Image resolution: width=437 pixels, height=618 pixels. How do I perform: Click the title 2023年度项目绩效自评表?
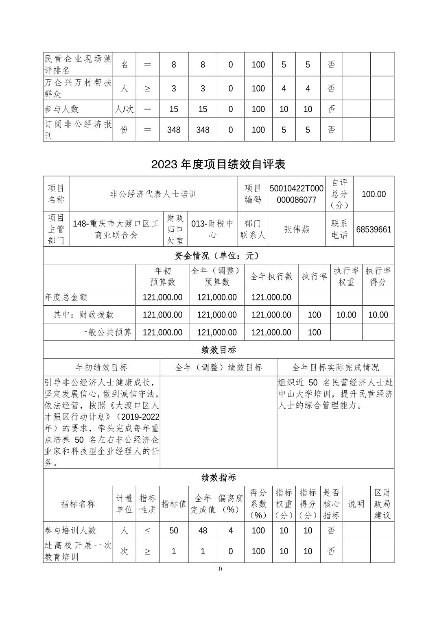(218, 164)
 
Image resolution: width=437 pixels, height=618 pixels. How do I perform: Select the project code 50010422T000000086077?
(297, 194)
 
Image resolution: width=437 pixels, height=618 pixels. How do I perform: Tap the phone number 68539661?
(374, 229)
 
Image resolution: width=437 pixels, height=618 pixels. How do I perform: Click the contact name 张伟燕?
(297, 229)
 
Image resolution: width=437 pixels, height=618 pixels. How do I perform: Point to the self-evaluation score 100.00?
(374, 194)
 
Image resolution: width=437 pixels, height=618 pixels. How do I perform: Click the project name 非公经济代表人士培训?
(153, 194)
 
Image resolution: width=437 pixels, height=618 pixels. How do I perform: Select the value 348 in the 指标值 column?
(174, 130)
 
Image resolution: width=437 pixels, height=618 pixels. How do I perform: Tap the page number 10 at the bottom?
(219, 569)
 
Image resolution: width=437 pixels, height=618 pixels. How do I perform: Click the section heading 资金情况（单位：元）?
(218, 256)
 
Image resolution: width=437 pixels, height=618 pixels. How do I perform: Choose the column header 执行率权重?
(346, 276)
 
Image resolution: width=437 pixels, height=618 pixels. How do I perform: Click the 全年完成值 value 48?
(203, 531)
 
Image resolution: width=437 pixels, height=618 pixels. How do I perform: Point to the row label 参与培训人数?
(70, 531)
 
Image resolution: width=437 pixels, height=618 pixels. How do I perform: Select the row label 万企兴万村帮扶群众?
(77, 88)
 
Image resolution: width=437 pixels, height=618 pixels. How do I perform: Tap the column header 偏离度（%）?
(230, 504)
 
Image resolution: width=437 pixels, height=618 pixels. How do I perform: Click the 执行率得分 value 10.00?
(378, 315)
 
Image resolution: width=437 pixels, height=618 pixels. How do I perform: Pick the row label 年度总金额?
(66, 297)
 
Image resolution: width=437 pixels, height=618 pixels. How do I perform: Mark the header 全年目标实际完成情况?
(335, 368)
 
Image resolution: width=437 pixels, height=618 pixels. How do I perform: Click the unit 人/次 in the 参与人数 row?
(124, 109)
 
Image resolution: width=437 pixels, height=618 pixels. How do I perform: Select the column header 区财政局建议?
(382, 504)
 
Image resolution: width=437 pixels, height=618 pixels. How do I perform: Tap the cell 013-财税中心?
(212, 229)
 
